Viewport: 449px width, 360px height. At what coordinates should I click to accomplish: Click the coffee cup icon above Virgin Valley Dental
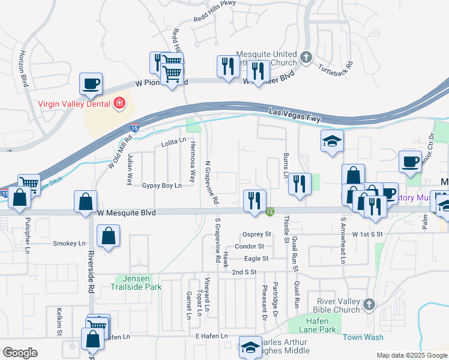pos(91,84)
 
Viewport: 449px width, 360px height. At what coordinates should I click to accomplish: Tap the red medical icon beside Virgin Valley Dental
pos(119,104)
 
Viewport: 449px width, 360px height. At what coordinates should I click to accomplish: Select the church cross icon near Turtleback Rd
pos(306,58)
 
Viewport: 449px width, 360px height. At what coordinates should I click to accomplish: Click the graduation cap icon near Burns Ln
pos(332,142)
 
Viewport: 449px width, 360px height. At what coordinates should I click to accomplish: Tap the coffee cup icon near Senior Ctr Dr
pos(411,161)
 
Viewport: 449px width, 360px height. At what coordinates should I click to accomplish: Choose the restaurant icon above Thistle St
pos(299,184)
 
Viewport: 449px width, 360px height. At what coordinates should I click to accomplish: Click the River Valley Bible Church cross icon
pos(369,305)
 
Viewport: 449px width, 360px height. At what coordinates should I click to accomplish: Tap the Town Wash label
pos(363,337)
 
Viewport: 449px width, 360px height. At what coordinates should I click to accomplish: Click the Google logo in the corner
pos(20,353)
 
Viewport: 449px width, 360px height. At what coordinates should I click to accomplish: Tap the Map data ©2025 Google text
pos(411,355)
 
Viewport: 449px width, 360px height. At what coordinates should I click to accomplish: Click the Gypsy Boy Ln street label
pos(161,186)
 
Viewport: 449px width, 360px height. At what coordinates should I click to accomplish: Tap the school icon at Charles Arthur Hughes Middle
pos(250,346)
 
